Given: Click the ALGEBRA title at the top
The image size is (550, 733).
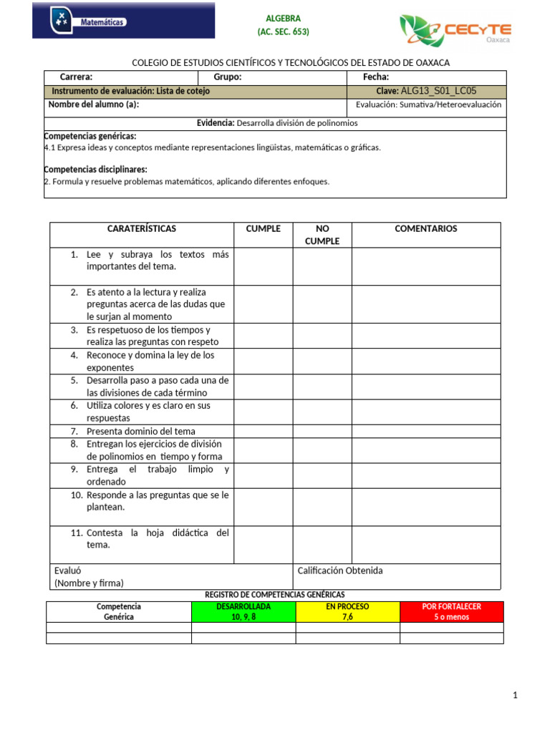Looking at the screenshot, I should tap(284, 19).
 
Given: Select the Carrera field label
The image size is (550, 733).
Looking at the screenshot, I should tap(76, 77).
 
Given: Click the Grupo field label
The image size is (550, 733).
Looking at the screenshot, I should tap(228, 77).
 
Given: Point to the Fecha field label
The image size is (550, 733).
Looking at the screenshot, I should tap(376, 77).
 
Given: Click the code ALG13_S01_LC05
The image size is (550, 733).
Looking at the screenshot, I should tap(438, 92).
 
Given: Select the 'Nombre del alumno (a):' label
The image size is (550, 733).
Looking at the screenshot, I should tap(93, 105).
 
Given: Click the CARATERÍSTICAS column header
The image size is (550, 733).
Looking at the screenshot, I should tap(142, 229).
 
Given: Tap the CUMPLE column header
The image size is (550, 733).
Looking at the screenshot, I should tap(264, 229).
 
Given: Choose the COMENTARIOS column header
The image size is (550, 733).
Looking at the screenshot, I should tap(426, 229).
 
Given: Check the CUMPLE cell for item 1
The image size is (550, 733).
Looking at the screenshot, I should tap(264, 266).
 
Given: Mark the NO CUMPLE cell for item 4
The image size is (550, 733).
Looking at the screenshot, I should tap(322, 361).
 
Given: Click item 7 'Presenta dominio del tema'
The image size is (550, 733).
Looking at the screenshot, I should tap(140, 432).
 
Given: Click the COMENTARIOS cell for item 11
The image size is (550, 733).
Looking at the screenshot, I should tap(426, 544).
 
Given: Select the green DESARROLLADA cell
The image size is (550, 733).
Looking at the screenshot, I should tap(243, 612).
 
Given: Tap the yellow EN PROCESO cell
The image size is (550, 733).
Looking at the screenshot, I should tap(348, 612).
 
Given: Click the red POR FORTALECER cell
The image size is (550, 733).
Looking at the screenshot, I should tap(452, 612).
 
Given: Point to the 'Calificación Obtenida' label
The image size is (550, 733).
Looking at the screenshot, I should tap(340, 571).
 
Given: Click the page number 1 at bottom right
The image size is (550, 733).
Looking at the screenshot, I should tap(515, 695).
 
